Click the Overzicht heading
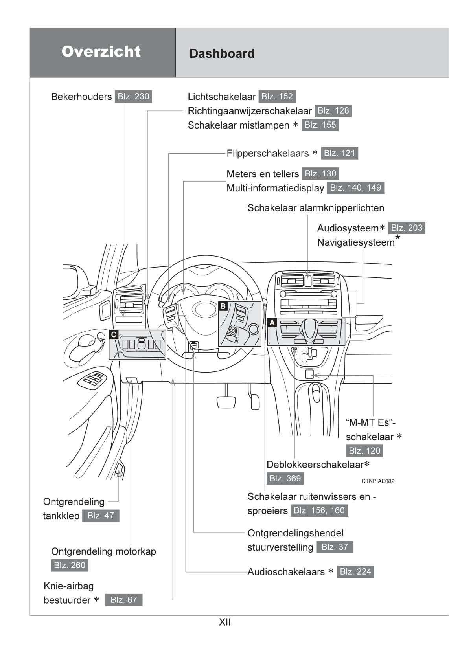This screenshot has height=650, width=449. coord(101,51)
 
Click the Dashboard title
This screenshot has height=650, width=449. coord(222,53)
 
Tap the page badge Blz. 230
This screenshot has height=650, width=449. coord(133,97)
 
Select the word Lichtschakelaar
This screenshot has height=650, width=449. coord(221,97)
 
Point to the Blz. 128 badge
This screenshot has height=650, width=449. coord(333,111)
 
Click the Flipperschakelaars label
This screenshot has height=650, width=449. coord(267,153)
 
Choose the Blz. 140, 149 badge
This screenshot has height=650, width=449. coord(355,188)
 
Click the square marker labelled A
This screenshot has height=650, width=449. coord(272,323)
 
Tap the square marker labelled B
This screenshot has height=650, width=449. coord(223,306)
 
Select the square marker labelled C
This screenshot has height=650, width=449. coord(114,334)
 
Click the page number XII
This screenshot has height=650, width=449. coord(224,622)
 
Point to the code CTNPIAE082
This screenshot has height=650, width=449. coord(377,481)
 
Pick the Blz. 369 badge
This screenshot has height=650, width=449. coord(285,478)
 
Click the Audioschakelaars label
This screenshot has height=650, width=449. coord(286,572)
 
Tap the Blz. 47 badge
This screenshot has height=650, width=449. coord(101,516)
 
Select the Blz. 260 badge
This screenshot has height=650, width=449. coord(70,565)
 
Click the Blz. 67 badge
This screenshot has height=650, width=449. coord(124,600)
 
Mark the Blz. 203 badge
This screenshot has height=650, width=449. coord(407,228)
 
